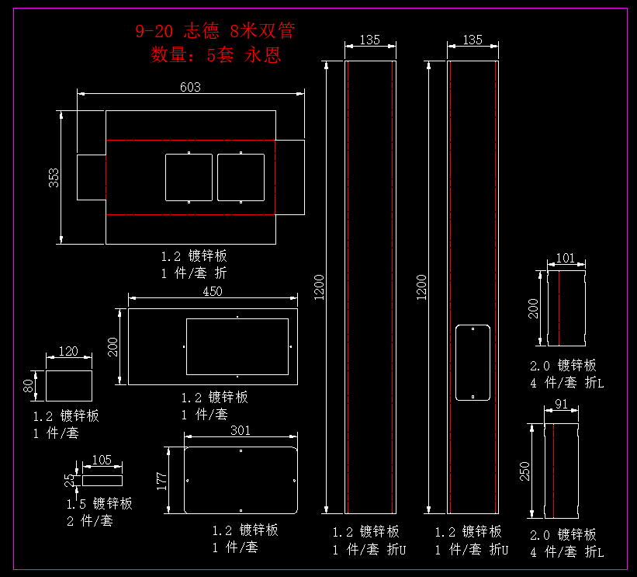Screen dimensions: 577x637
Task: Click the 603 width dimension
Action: (x=190, y=88)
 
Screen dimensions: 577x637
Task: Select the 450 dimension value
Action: (x=212, y=292)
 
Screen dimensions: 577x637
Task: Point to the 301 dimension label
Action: (x=241, y=431)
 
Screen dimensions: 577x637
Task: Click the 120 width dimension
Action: (x=68, y=352)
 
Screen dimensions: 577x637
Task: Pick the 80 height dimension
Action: (x=29, y=386)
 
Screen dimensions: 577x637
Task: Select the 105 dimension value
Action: (x=102, y=460)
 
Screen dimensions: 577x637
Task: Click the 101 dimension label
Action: (x=566, y=258)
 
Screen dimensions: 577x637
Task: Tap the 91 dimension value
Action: (x=562, y=405)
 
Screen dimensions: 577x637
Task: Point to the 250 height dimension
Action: (x=524, y=471)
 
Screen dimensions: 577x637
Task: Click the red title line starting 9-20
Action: (x=215, y=32)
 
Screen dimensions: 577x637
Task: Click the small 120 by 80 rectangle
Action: (x=69, y=385)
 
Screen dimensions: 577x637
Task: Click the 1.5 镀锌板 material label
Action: (x=99, y=504)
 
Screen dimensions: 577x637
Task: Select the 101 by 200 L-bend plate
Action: (x=566, y=308)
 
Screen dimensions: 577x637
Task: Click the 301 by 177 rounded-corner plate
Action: (x=241, y=480)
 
